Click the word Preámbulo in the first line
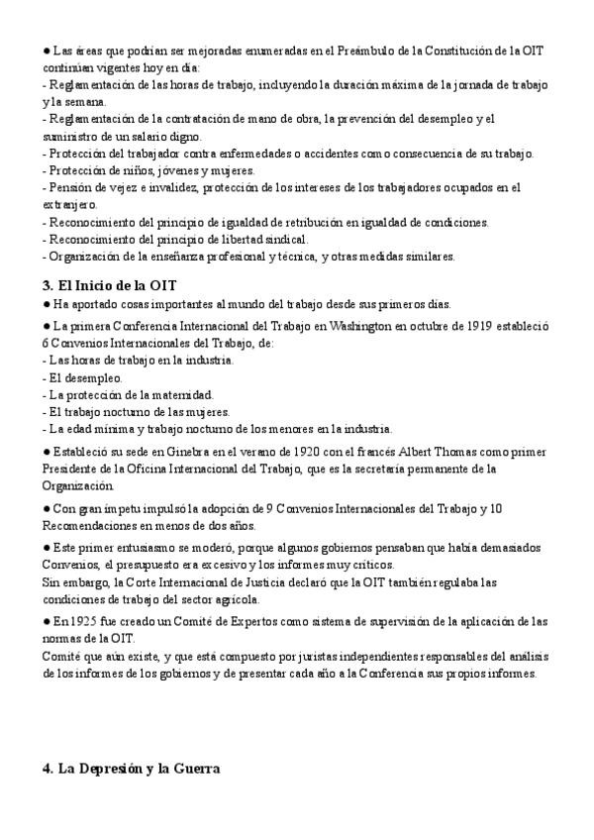(x=370, y=51)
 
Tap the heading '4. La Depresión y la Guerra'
(x=131, y=769)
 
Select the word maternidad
(x=183, y=394)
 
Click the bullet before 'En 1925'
(x=47, y=620)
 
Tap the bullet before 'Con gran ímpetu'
(x=47, y=508)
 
